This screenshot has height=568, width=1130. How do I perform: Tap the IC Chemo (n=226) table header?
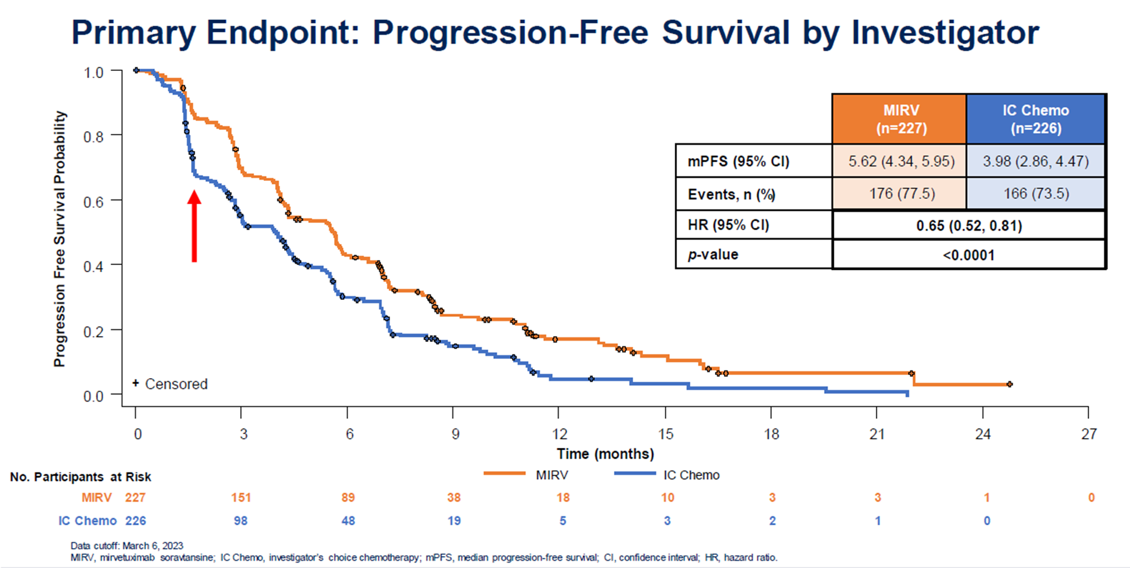tap(1035, 119)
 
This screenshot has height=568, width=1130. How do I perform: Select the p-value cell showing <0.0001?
tap(968, 255)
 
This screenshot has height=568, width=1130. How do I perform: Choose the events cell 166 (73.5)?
tap(1035, 194)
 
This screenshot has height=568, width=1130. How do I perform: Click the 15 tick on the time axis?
tap(666, 433)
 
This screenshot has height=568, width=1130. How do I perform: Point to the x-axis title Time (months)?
tap(605, 454)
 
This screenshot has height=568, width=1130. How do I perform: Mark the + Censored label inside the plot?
tap(171, 384)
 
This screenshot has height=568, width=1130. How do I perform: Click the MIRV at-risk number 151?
tap(241, 498)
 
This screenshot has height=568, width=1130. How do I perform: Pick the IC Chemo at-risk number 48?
tap(348, 521)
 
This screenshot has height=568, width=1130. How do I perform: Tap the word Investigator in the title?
tap(945, 32)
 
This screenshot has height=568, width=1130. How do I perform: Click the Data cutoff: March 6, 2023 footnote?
tap(127, 546)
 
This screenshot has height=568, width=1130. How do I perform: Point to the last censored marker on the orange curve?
tap(1009, 384)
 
